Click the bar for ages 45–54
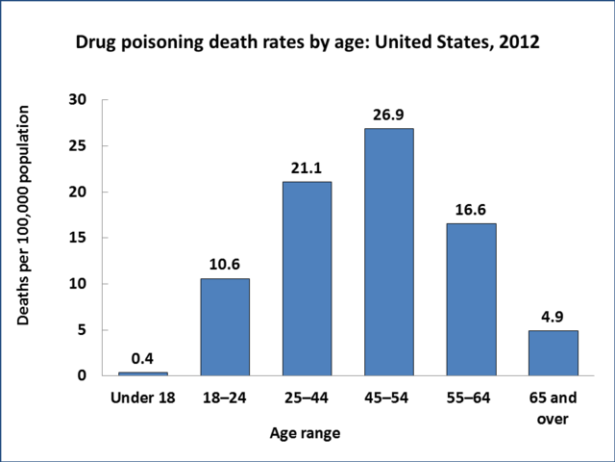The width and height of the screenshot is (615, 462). click(389, 251)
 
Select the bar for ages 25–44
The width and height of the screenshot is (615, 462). click(307, 278)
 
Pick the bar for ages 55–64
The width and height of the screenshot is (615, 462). click(471, 298)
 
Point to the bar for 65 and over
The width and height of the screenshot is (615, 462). click(553, 352)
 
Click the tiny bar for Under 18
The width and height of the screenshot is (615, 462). click(142, 372)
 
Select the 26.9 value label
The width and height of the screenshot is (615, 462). click(389, 115)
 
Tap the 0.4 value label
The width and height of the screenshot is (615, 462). click(142, 359)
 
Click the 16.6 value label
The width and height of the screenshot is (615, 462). click(471, 210)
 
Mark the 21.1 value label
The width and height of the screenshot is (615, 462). click(307, 168)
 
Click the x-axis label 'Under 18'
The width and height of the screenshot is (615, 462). click(142, 398)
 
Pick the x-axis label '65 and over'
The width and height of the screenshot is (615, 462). click(553, 408)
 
